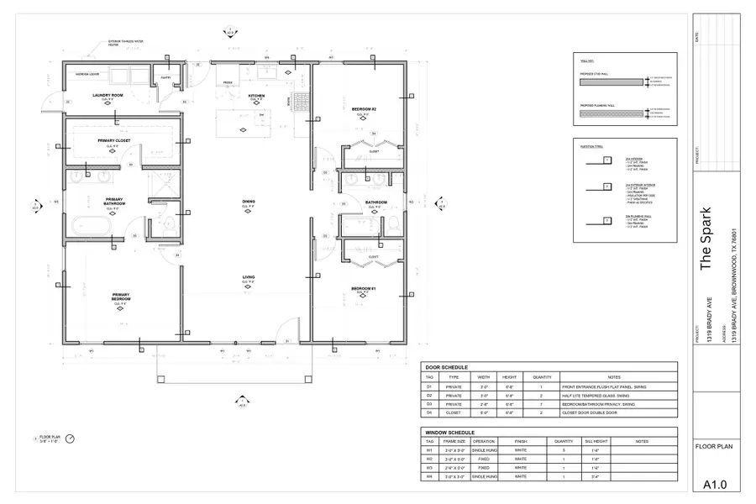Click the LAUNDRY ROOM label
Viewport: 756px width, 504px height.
pyautogui.click(x=108, y=96)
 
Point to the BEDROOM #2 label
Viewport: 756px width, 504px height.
pyautogui.click(x=364, y=109)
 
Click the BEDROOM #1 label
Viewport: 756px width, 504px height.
pyautogui.click(x=364, y=288)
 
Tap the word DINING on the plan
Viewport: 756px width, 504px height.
pyautogui.click(x=249, y=202)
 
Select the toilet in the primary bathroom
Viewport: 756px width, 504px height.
pyautogui.click(x=166, y=224)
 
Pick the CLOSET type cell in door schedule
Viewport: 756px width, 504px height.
pyautogui.click(x=454, y=413)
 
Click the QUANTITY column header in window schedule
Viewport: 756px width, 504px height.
pyautogui.click(x=564, y=441)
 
